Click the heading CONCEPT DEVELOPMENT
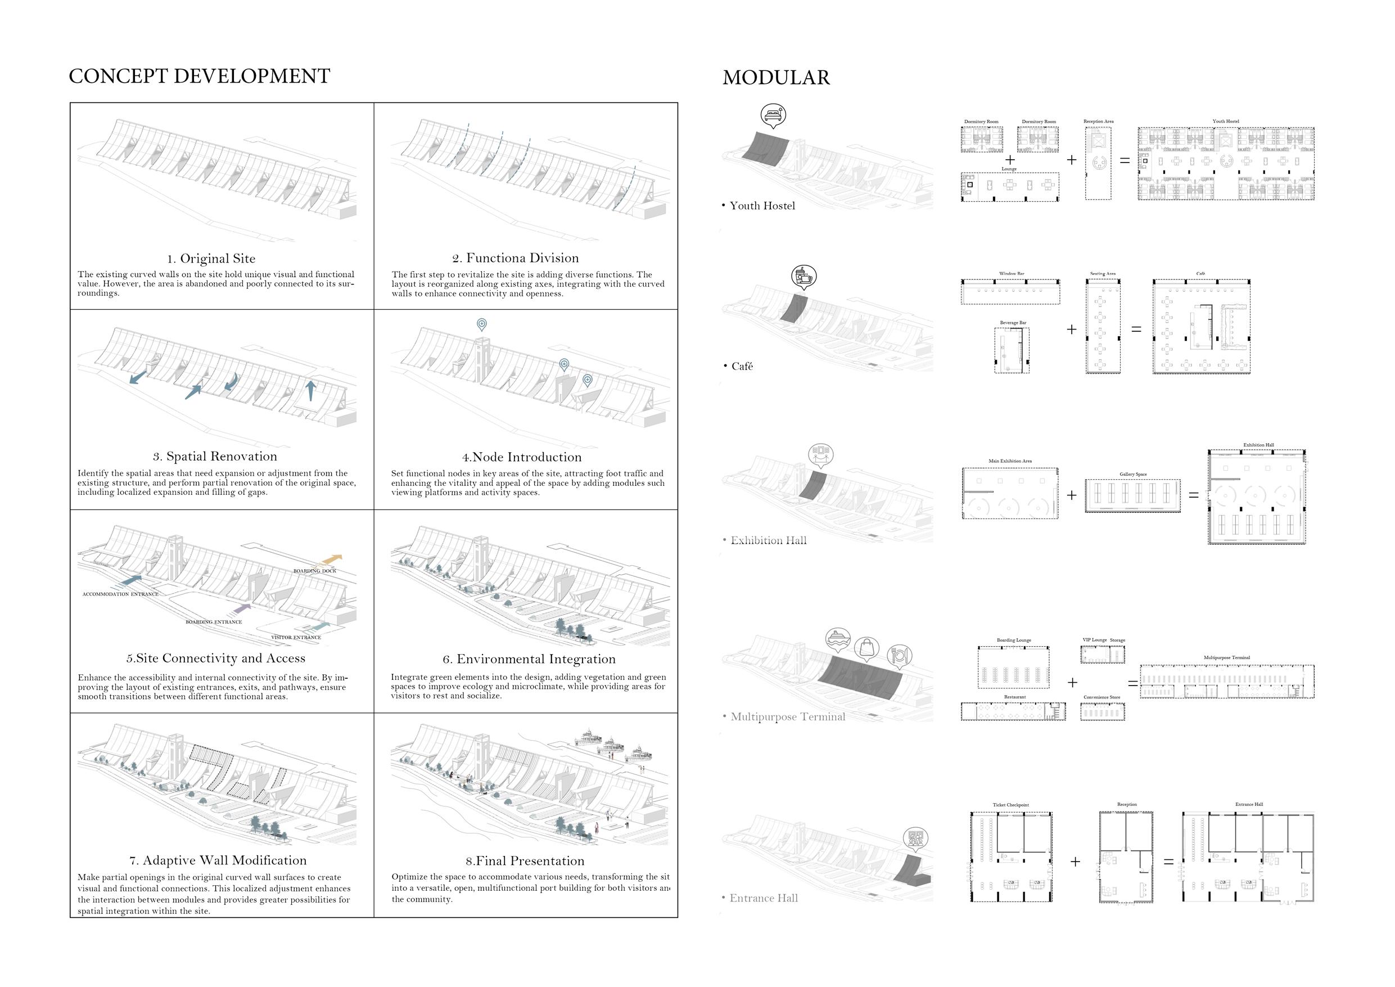(x=199, y=76)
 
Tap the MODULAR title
(x=776, y=78)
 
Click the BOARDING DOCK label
(x=315, y=571)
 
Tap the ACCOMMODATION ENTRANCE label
(x=120, y=594)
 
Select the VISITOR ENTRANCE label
(x=296, y=638)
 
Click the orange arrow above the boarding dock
(x=332, y=558)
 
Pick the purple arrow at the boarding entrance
(x=242, y=608)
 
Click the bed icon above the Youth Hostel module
(x=773, y=114)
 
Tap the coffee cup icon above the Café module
(x=803, y=276)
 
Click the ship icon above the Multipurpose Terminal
(x=837, y=639)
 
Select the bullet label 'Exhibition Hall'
(x=769, y=541)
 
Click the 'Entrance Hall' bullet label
(x=764, y=898)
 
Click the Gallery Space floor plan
(x=1132, y=496)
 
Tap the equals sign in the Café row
(x=1136, y=330)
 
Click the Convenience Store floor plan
(x=1102, y=711)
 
